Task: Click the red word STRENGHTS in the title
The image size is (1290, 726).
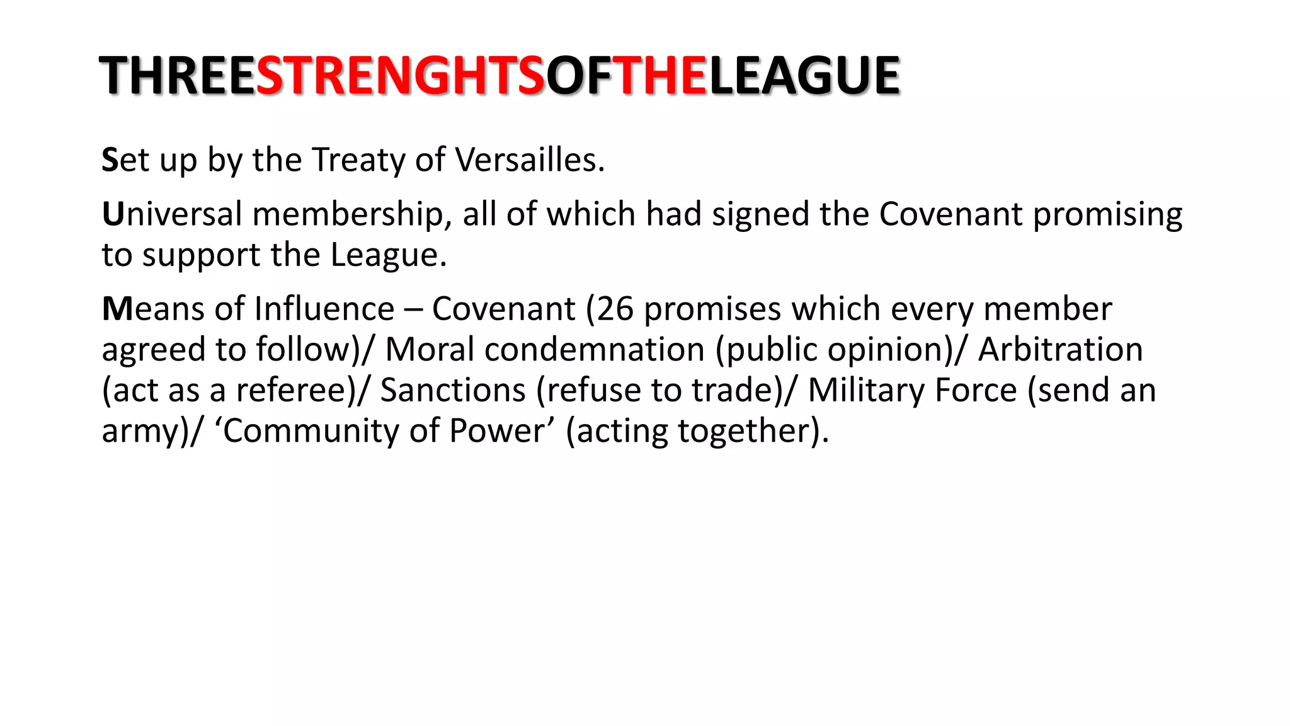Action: tap(401, 76)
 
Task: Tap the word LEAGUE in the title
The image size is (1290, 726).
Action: tap(804, 76)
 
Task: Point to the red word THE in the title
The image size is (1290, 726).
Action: tap(659, 76)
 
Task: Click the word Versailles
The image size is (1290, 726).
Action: tap(529, 159)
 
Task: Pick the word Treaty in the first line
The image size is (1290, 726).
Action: tap(358, 161)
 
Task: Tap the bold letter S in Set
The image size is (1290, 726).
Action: tap(110, 160)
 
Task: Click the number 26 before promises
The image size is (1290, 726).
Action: tap(615, 309)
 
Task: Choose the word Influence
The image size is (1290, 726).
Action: tap(324, 309)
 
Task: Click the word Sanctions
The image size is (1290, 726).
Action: tap(453, 390)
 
